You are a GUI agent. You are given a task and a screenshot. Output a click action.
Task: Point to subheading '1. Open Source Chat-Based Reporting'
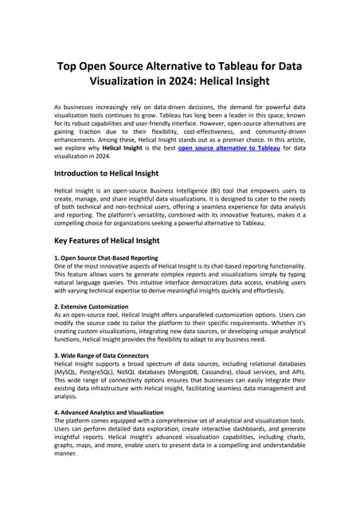coord(106,258)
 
